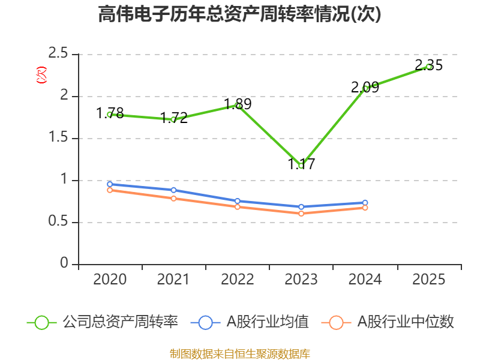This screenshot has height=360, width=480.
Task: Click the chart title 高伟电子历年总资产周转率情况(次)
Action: pos(239,14)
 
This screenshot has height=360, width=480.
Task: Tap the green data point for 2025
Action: pos(429,67)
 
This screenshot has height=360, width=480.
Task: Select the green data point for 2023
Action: pos(301,166)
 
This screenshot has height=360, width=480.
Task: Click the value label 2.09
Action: pos(365,88)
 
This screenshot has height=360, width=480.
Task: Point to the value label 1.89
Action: pos(238,104)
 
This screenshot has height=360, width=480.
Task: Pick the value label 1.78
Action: pos(110,113)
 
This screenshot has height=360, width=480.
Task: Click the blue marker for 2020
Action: pos(110,184)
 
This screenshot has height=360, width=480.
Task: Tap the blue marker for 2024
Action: pos(365,203)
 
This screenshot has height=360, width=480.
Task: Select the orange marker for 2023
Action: pos(301,214)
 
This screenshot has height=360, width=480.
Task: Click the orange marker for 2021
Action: pos(173,199)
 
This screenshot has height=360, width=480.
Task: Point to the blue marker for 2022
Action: pos(238,201)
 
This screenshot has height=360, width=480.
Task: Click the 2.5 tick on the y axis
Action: pos(58,53)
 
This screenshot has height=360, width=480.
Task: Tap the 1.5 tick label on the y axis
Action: pos(58,137)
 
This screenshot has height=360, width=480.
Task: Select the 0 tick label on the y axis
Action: pos(64,263)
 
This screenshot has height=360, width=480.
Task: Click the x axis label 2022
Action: pos(238,280)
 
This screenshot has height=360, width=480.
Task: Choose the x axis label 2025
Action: pos(429,280)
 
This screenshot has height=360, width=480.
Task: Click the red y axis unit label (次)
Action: pos(41,75)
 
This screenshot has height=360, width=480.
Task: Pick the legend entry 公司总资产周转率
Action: pos(102,322)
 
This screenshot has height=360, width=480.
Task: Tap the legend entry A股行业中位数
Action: pos(388,322)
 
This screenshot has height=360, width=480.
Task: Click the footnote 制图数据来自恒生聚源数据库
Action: pos(240,354)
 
